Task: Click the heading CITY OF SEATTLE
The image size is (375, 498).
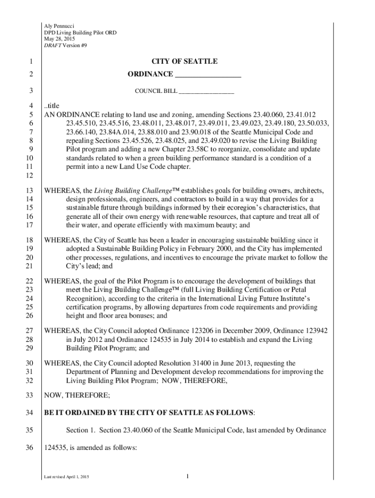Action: coord(184,62)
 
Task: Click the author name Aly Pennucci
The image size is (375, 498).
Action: coord(59,25)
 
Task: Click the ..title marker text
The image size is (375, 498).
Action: coord(51,107)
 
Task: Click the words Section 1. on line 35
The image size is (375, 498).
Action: coord(82,430)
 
